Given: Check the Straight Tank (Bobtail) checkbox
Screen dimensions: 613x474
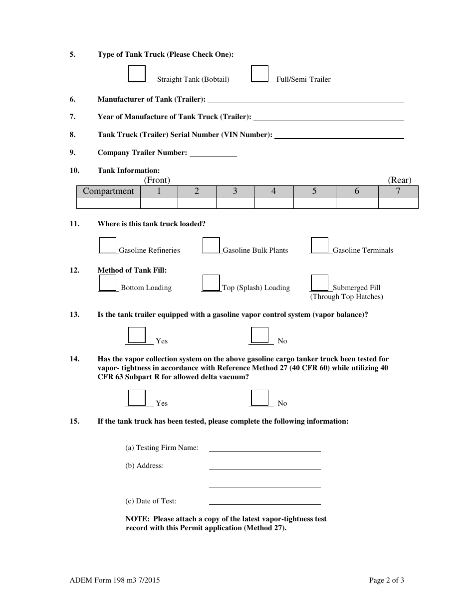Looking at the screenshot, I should click(137, 74).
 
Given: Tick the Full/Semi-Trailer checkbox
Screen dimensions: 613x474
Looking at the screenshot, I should click(259, 74).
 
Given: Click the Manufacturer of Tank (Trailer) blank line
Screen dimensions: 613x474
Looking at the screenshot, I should click(305, 100).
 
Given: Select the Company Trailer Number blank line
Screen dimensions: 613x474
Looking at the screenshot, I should click(213, 153).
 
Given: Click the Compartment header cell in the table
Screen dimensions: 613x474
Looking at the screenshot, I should click(108, 191).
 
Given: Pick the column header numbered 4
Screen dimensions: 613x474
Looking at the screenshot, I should click(273, 191).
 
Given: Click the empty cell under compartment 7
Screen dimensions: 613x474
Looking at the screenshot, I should click(398, 203).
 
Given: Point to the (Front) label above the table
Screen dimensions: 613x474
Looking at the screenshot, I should click(157, 180).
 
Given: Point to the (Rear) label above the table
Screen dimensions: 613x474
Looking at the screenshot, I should click(400, 180).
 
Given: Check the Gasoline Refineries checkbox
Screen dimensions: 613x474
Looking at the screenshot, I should click(108, 245).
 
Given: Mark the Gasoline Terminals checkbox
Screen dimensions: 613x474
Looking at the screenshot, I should click(319, 245).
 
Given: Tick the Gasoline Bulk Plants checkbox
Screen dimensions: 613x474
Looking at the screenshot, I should click(211, 245).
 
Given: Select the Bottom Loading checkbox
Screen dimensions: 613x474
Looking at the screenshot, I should click(108, 283).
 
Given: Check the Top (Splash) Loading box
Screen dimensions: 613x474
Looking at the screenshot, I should click(211, 283).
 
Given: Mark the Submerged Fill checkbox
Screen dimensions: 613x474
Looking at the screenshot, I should click(319, 283).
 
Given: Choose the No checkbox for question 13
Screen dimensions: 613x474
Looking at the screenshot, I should click(259, 335).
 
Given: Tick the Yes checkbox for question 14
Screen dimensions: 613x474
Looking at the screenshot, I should click(137, 398).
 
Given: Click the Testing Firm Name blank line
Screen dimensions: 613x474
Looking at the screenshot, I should click(264, 449).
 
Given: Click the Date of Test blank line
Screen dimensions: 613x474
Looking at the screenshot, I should click(264, 502).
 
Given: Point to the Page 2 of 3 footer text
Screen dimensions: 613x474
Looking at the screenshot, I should click(386, 580).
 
